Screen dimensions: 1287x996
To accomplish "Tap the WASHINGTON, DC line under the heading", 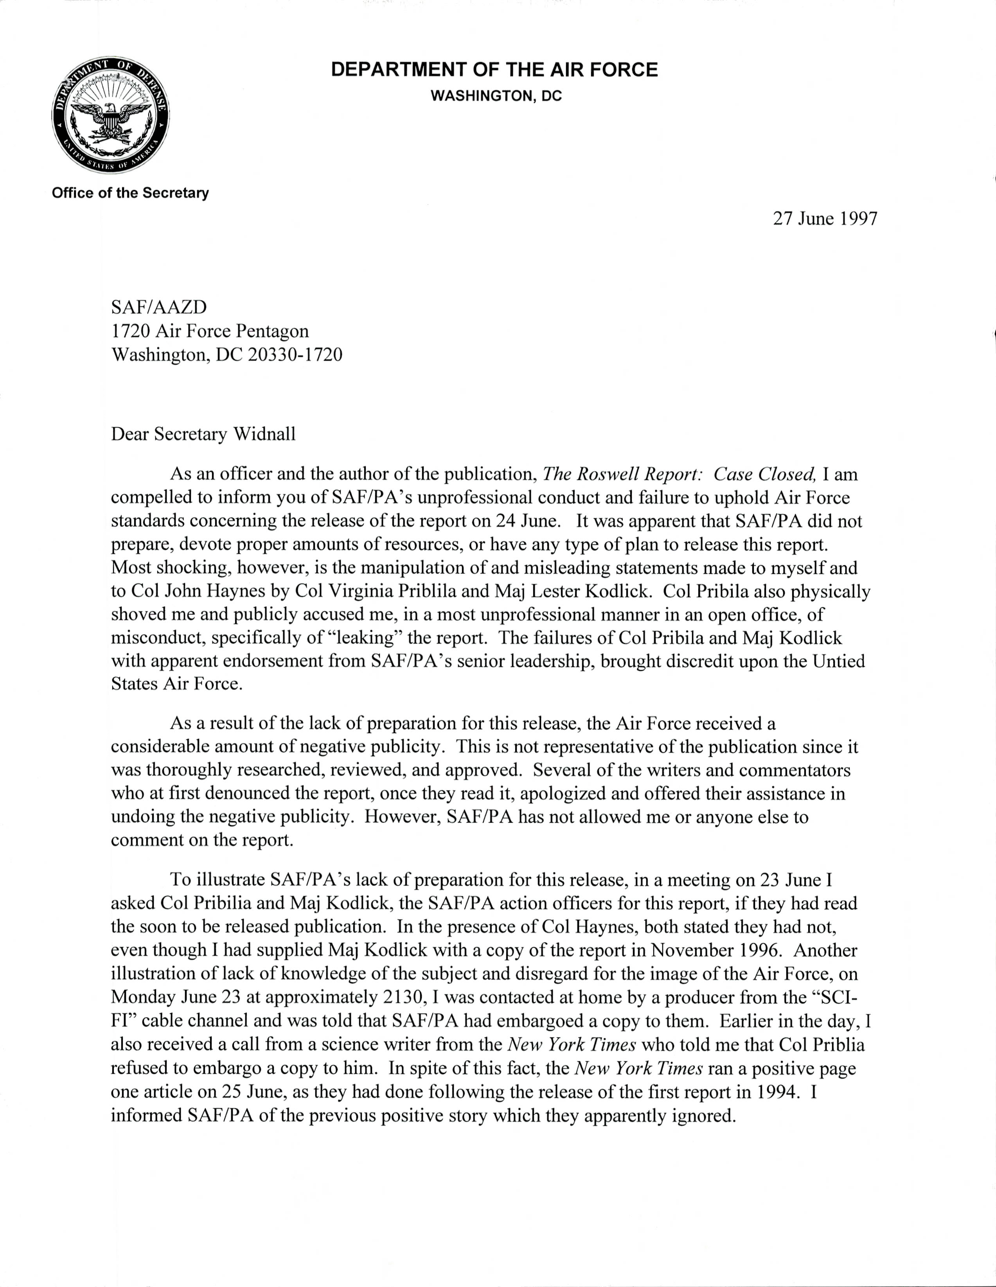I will [496, 96].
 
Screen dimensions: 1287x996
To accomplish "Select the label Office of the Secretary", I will [130, 193].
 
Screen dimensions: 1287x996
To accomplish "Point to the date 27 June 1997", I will [825, 219].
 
